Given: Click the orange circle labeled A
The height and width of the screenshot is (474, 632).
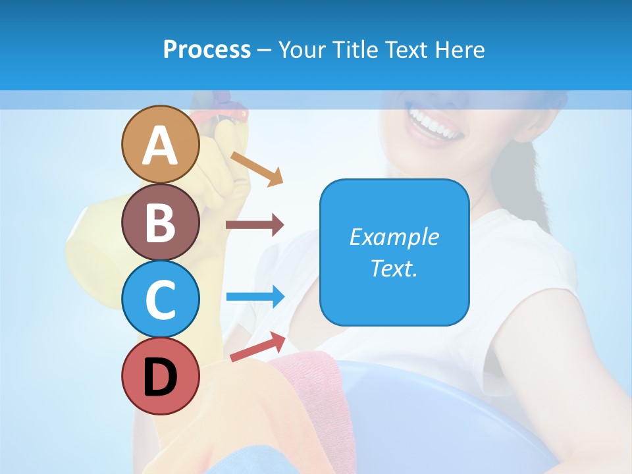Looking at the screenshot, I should pos(160,144).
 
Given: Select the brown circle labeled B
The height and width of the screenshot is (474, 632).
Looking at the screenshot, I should pos(160,222).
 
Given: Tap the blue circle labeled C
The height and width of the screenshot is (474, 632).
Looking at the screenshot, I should pos(160,299).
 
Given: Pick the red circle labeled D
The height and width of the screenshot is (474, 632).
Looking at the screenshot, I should pos(160,376).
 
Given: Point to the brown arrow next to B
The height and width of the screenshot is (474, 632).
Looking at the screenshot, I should pos(255,225).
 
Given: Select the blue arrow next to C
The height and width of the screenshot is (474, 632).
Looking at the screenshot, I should pos(255,296).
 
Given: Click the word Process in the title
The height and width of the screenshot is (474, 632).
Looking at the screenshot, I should pos(207,49).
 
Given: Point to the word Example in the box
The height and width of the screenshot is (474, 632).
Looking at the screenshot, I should pos(394,237).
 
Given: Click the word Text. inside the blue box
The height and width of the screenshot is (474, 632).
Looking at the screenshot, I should pos(394,269).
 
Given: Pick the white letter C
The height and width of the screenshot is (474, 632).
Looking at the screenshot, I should pos(160,300).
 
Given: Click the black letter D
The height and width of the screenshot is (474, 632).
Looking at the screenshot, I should pos(160,377).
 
